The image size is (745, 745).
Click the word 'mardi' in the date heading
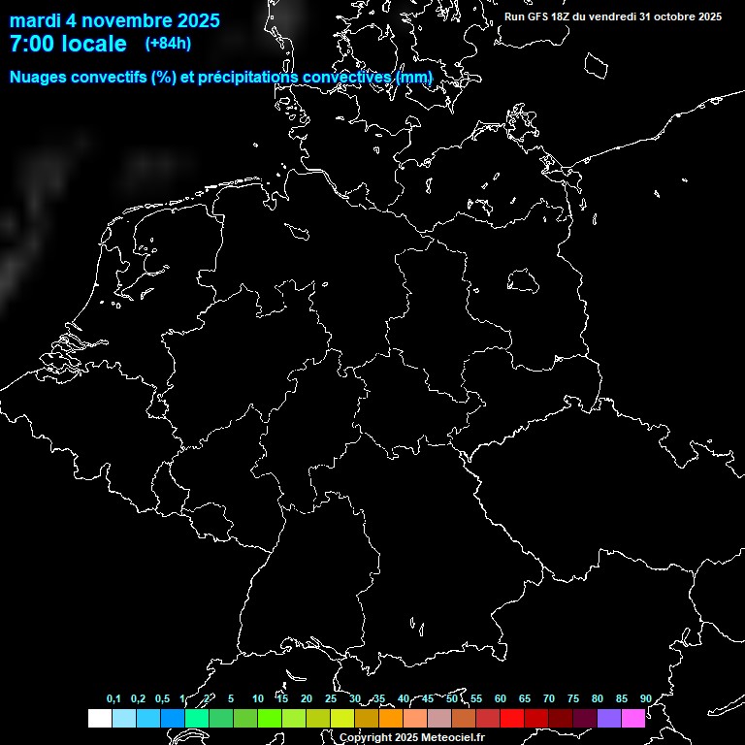[x=34, y=20]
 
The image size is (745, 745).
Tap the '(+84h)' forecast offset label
[x=168, y=43]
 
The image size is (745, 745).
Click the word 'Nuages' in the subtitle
[x=37, y=78]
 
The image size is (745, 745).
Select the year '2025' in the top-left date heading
[x=195, y=20]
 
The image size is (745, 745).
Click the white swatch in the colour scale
[x=99, y=718]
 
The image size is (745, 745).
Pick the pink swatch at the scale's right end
[x=633, y=718]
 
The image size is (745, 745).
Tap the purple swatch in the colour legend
[x=609, y=718]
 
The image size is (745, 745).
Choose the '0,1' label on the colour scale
[x=113, y=699]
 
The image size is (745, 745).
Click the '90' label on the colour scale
[x=646, y=699]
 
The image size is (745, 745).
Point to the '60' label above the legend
[x=501, y=699]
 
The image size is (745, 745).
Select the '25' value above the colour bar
[x=331, y=699]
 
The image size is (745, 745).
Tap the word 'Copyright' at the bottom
[x=366, y=738]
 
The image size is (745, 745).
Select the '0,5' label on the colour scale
[x=162, y=699]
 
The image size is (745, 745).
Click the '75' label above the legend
[x=573, y=699]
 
